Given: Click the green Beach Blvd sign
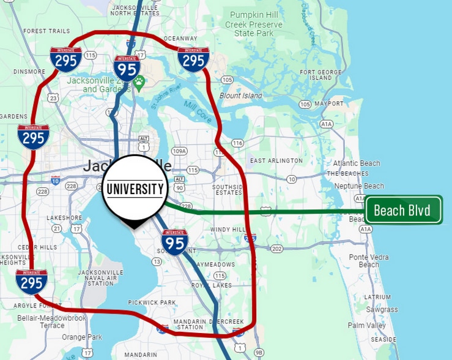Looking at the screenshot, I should coord(403,211).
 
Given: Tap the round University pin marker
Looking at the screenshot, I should coord(134,189).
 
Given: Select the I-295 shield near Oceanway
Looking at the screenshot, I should coord(194,59).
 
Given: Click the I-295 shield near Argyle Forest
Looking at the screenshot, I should coord(32,282).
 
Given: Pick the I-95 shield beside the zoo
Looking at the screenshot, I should coord(127,67).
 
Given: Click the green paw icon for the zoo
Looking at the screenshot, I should coord(139,80).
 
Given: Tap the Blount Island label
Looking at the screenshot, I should coord(241,96).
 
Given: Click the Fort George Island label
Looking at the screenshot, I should coord(316,75).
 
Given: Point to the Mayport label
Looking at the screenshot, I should coord(329,103).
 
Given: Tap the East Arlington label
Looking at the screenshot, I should coord(276,160).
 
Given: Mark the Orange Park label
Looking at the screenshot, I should coord(82,337).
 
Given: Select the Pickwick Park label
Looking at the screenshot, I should coord(152,302).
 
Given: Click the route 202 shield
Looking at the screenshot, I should coord(277,249).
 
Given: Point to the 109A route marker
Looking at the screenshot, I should coord(179,151).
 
